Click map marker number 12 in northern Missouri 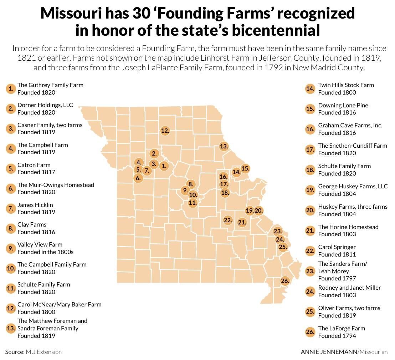[165, 131]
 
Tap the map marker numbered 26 [284, 281]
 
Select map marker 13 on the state [224, 146]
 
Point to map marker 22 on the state [228, 220]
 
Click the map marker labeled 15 [245, 168]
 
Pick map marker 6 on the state [138, 178]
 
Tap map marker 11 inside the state [193, 203]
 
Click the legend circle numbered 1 [11, 88]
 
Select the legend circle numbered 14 [310, 88]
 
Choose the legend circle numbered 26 [310, 332]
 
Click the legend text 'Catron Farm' [34, 165]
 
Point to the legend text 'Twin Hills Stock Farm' [346, 85]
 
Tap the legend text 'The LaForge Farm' [342, 328]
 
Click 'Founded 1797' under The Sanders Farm [337, 278]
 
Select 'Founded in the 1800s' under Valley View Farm [45, 252]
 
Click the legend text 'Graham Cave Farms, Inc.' [350, 125]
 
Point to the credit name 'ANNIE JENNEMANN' [328, 352]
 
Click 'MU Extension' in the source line [43, 352]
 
